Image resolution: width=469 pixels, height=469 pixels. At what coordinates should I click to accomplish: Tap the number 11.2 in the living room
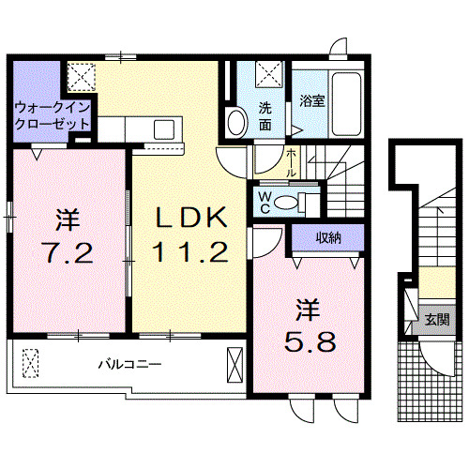coord(191,250)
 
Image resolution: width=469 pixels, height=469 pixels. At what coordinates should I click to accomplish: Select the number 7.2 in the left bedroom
coord(66,253)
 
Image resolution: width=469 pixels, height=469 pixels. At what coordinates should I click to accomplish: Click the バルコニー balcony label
coord(132,363)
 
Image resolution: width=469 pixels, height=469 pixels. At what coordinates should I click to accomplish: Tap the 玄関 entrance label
coord(436,320)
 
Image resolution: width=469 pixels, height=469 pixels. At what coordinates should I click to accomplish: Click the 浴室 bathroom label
coord(312,101)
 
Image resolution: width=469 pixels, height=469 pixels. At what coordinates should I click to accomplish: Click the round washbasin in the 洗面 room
coord(236,122)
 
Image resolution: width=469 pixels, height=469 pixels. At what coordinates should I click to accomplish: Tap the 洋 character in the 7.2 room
coord(66,220)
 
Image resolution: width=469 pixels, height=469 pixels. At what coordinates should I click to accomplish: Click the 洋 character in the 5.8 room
coord(305,307)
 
